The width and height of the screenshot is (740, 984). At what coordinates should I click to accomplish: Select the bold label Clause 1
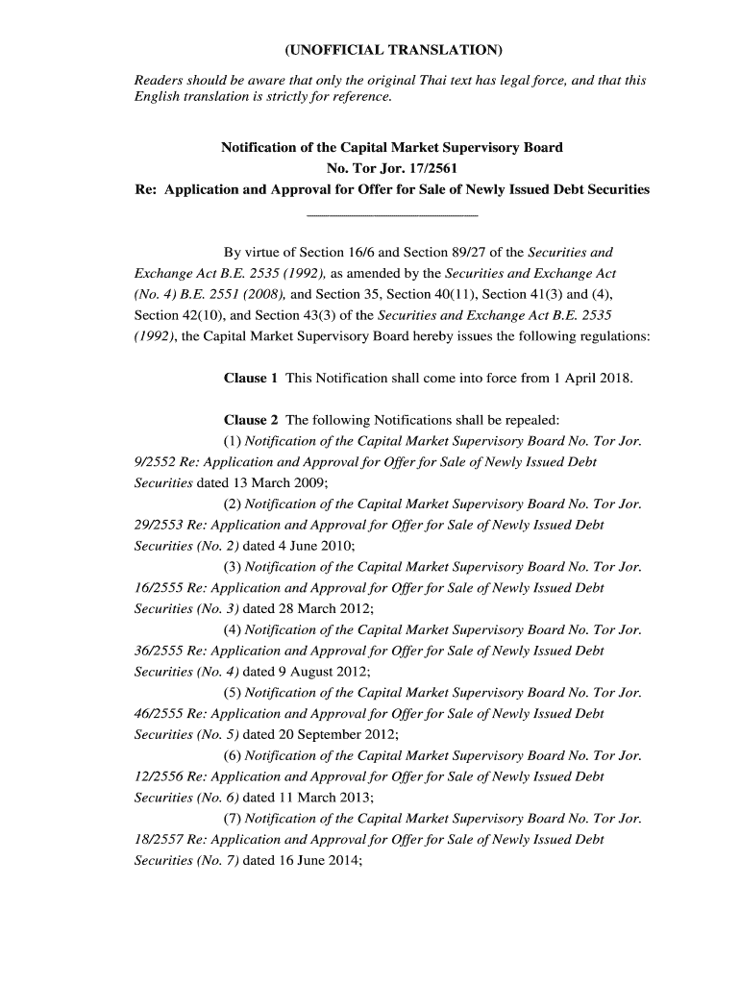pos(251,378)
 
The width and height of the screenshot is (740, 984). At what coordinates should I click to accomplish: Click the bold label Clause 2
pos(251,420)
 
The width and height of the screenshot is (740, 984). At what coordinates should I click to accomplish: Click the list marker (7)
pos(233,820)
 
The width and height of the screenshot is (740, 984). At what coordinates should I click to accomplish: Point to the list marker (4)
pos(233,630)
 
